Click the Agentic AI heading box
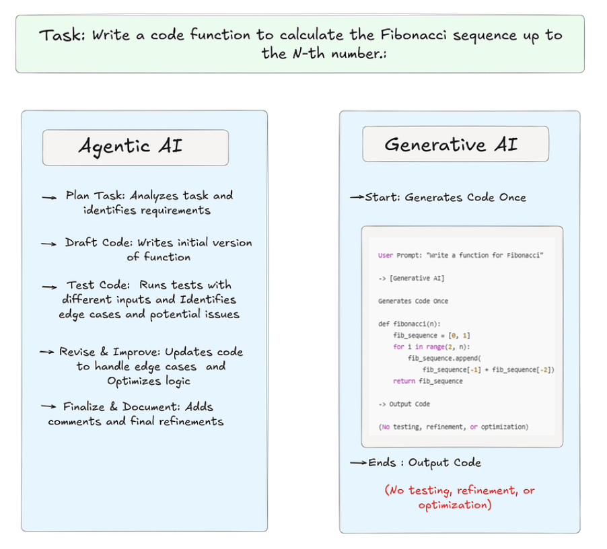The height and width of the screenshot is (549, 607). click(x=135, y=147)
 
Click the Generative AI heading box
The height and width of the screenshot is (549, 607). click(x=456, y=144)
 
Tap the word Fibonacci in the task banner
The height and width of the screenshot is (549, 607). click(x=417, y=36)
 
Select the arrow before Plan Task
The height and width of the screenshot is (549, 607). click(x=50, y=197)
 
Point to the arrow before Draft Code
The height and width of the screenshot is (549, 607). click(x=48, y=244)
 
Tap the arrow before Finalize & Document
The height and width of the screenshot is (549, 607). click(x=48, y=407)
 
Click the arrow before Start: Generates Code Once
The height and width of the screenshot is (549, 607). click(x=357, y=198)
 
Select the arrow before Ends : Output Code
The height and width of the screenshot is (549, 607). click(x=358, y=463)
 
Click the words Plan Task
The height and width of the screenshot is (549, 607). click(x=94, y=196)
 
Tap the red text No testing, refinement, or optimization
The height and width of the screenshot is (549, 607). click(x=460, y=498)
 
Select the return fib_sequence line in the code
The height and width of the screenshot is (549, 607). click(x=428, y=381)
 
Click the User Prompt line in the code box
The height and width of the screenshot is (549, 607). click(x=460, y=255)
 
